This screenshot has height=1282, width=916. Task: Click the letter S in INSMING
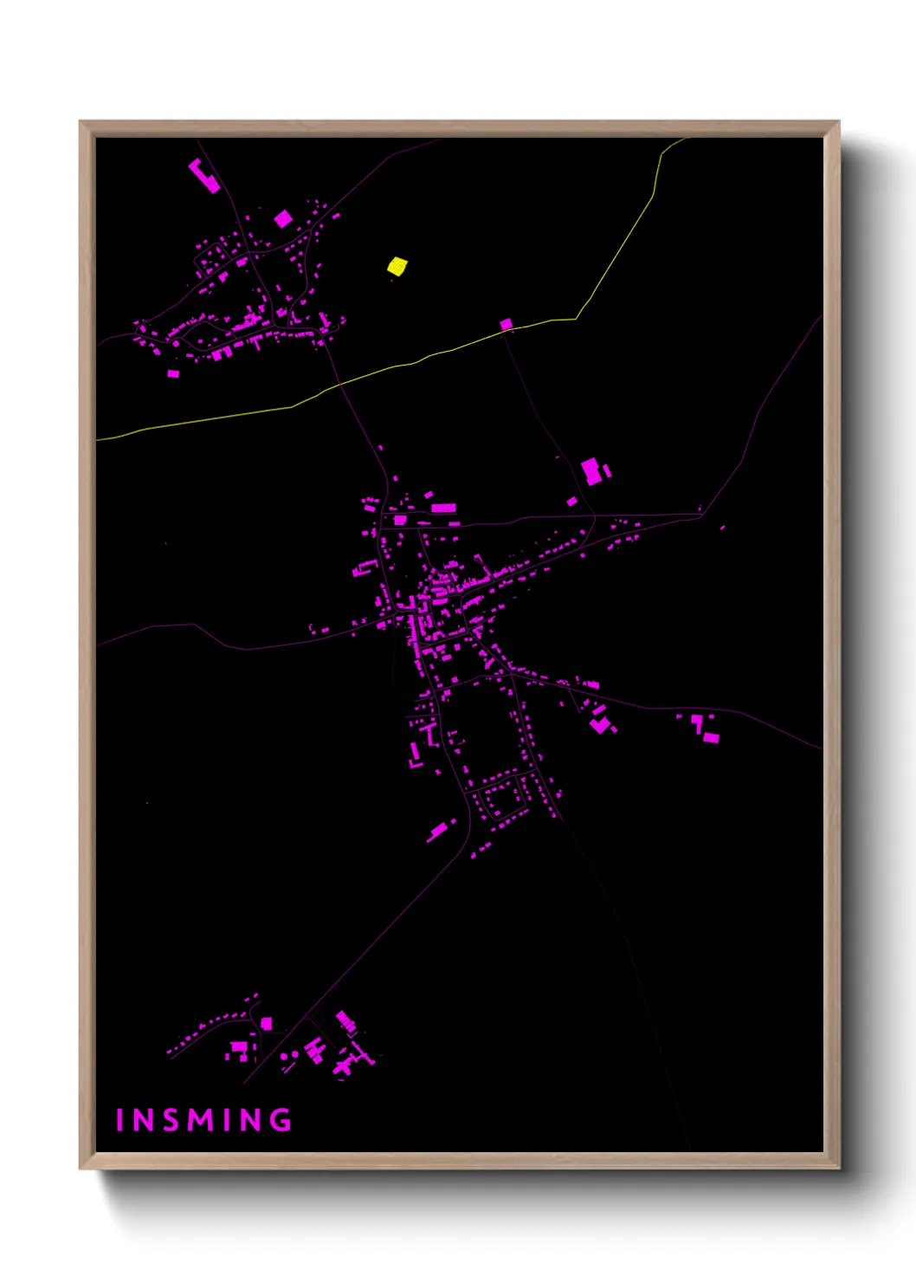point(171,1120)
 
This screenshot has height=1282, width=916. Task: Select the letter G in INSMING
point(281,1120)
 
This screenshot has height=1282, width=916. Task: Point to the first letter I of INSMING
point(119,1120)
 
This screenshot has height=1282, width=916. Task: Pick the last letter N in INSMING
point(250,1120)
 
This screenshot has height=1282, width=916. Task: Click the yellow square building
point(397,266)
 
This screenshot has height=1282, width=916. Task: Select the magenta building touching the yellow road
point(506,324)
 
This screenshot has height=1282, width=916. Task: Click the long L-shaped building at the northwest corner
point(204,175)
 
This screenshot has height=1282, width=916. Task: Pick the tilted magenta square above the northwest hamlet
point(282,219)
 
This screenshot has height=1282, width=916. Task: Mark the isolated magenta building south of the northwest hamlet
point(173,373)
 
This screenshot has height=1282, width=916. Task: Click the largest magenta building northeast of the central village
point(591,471)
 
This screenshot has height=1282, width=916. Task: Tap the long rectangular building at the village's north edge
point(443,508)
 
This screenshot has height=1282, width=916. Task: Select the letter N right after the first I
point(143,1120)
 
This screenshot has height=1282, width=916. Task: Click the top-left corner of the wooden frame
point(81,122)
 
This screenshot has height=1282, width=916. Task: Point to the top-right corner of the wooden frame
point(838,122)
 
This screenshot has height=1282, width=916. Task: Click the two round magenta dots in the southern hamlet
point(289,1056)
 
